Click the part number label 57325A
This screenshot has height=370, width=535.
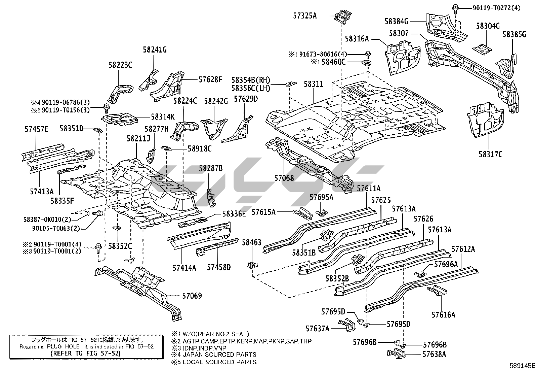point(305,16)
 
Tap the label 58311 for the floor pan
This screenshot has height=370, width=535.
point(314,84)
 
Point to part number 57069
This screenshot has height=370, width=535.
point(192,296)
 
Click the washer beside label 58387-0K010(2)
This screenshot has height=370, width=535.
point(87,213)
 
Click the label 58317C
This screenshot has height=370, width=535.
point(490,155)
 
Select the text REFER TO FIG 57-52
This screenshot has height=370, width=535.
point(85,353)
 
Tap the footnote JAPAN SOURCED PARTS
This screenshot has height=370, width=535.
point(219,355)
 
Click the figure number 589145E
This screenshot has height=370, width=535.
point(522,366)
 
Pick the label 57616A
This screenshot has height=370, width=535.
point(443,315)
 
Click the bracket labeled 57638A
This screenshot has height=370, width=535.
point(396,354)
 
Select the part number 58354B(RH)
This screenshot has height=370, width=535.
point(251,80)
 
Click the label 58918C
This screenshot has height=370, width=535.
point(199,148)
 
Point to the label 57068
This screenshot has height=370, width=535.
point(284,178)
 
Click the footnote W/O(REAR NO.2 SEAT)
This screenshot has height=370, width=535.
point(216,334)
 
